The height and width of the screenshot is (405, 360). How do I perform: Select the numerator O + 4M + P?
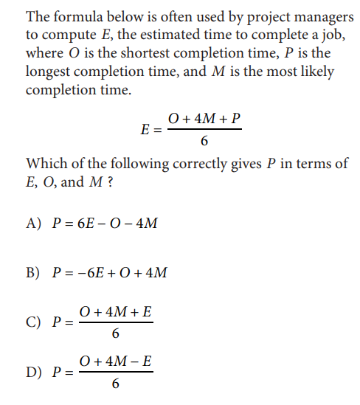(204, 119)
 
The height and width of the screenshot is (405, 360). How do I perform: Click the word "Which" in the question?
(45, 164)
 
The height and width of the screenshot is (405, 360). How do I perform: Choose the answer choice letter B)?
(34, 274)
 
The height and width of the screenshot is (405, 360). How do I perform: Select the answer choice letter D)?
(34, 373)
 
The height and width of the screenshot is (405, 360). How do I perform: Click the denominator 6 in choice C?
(115, 334)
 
